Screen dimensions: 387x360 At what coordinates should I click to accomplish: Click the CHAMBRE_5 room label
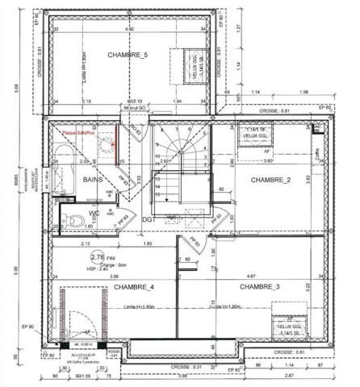tap(128, 54)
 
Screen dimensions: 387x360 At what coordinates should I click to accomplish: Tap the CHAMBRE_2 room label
tap(270, 179)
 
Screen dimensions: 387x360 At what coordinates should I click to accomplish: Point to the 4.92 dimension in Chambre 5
tap(129, 30)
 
